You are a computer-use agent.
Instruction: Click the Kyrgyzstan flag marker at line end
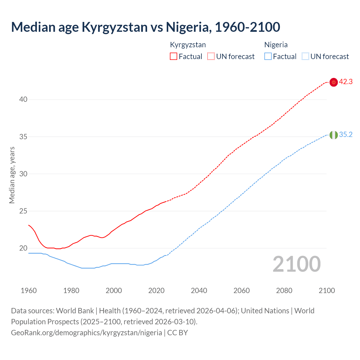tap(334, 82)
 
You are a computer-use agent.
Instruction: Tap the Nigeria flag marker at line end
tap(334, 135)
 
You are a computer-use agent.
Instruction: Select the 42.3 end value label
tap(346, 82)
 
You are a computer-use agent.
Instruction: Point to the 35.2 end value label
tap(346, 135)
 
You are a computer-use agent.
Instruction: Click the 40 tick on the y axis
tap(23, 100)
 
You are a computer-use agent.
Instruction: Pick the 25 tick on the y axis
tap(23, 211)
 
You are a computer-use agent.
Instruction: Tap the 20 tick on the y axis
tap(23, 248)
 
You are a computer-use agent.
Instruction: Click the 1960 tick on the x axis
tap(29, 291)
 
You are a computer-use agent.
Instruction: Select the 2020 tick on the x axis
tap(156, 291)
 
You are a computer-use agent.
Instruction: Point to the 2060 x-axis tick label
tap(242, 291)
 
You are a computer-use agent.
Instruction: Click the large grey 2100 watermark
tap(296, 264)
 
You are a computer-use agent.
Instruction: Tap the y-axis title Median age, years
tap(12, 175)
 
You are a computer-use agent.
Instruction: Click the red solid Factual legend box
tap(174, 57)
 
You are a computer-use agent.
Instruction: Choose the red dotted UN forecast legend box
tap(211, 57)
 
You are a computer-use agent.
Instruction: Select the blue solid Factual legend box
tap(268, 57)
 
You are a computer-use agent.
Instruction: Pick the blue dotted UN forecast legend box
tap(305, 57)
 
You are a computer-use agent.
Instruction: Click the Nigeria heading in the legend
tap(276, 45)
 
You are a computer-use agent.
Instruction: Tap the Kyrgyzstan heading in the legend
tap(188, 45)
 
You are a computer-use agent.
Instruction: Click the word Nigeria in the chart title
tap(188, 27)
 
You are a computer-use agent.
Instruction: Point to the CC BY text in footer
tap(177, 333)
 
